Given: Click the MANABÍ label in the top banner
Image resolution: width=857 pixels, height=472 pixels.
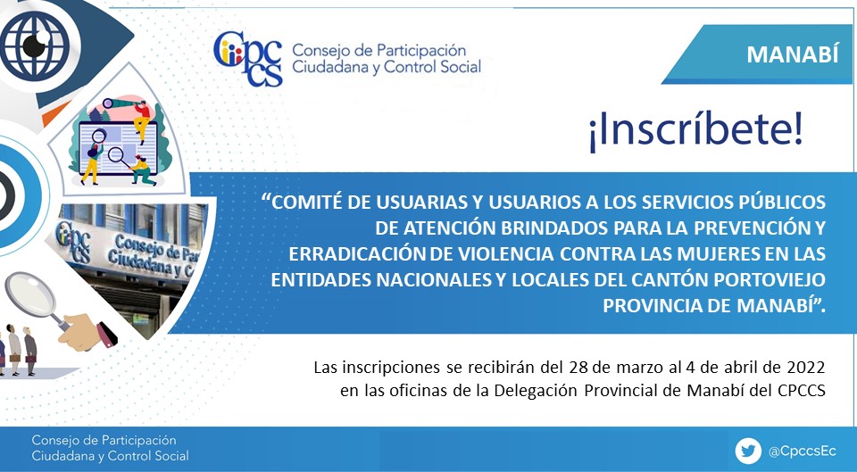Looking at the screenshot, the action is tap(792, 54).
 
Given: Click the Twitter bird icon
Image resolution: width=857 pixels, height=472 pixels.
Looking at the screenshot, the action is tap(748, 451).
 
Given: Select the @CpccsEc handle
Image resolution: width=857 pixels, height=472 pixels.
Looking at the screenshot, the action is tap(802, 451).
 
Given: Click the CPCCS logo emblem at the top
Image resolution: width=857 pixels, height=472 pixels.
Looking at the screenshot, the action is tap(248, 59).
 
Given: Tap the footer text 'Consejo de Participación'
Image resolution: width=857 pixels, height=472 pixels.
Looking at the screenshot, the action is tap(104, 440).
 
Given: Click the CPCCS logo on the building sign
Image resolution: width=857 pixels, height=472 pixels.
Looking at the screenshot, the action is tap(72, 240).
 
